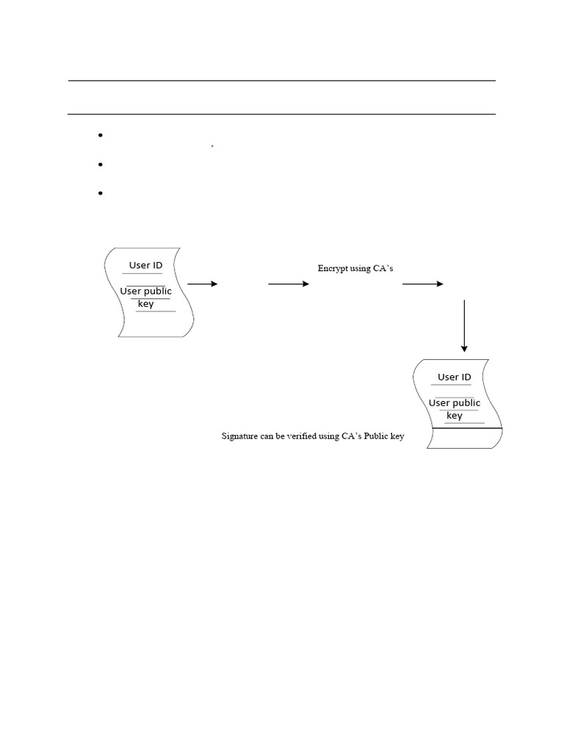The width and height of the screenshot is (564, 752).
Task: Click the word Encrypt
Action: click(x=333, y=269)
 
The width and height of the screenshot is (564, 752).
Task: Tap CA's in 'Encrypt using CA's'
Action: click(x=382, y=269)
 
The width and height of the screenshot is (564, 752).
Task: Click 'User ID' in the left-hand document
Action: click(x=145, y=265)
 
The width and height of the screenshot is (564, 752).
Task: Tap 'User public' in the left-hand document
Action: click(x=145, y=291)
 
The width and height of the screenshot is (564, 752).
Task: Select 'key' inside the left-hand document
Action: click(x=146, y=303)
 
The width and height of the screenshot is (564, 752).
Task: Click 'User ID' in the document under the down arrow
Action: click(x=454, y=377)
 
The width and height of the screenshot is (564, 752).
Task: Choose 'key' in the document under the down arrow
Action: click(x=455, y=415)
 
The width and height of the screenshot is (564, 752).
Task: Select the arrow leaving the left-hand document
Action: click(x=203, y=283)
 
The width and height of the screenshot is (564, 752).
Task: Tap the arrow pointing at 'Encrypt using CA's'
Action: click(x=289, y=283)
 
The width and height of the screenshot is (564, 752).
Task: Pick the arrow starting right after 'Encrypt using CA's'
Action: click(x=423, y=283)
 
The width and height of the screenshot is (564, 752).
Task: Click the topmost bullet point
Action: click(x=98, y=136)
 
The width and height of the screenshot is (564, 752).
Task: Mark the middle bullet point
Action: click(x=98, y=164)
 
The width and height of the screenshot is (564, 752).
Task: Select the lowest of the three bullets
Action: click(x=98, y=193)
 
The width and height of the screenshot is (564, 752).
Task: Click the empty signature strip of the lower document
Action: click(x=463, y=438)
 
